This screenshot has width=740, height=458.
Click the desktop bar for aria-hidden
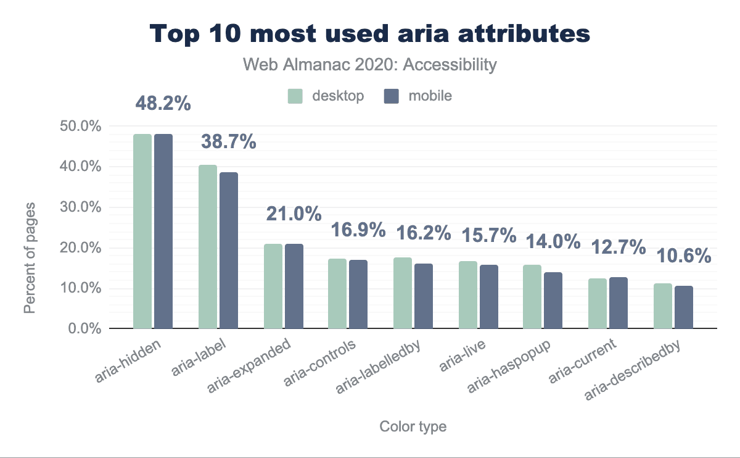[x=142, y=231]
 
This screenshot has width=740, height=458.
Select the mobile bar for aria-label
[x=229, y=250]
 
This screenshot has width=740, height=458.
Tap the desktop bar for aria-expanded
[x=273, y=286]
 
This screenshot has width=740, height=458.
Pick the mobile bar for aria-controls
[x=358, y=294]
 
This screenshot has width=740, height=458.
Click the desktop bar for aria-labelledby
[x=403, y=293]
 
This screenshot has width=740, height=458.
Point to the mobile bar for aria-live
[x=489, y=297]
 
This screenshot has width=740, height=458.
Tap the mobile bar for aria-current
[x=619, y=303]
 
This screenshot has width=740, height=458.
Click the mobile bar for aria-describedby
[x=684, y=307]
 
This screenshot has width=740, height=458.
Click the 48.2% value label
[x=163, y=103]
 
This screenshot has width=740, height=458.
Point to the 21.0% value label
[x=294, y=214]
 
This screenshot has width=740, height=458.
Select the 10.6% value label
[x=683, y=256]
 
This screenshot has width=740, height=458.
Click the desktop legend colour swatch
[x=295, y=96]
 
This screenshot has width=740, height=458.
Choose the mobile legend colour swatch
[x=392, y=96]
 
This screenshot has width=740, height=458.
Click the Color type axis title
[x=413, y=427]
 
